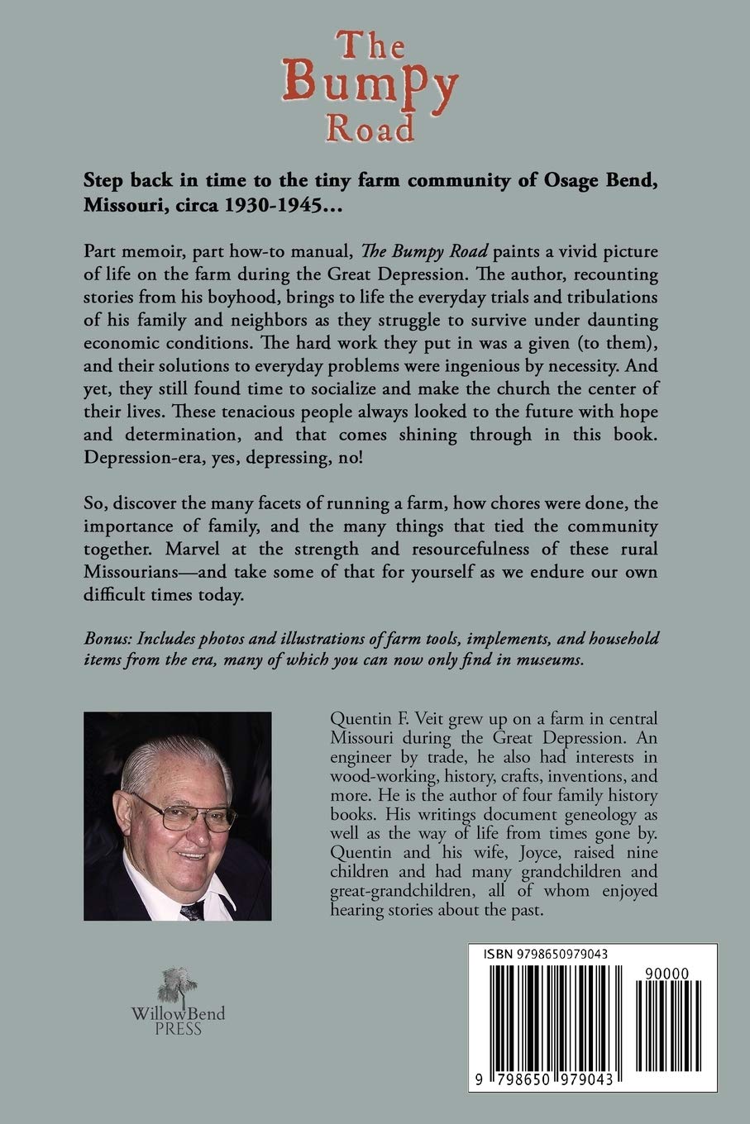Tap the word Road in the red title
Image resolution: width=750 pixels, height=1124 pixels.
(370, 130)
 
